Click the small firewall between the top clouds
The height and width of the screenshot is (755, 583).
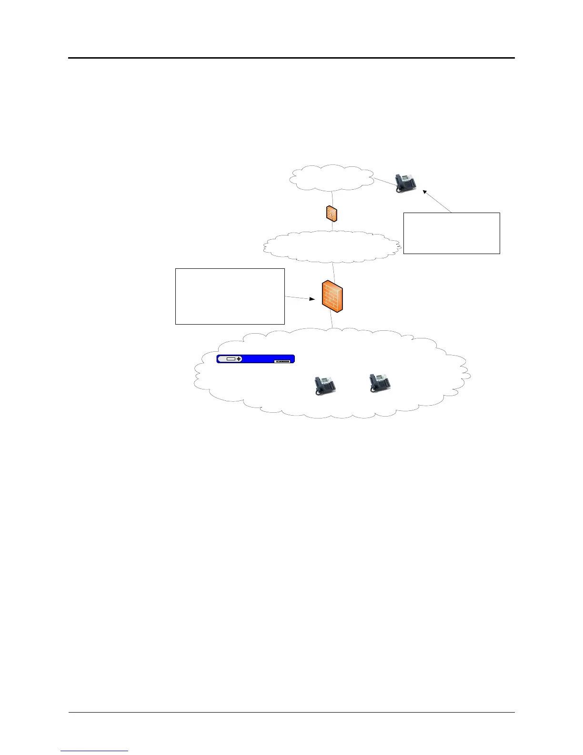point(332,213)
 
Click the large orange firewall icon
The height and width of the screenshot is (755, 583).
point(332,296)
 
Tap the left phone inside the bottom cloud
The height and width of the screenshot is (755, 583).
point(325,386)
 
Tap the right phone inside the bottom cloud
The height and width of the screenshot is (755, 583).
point(380,383)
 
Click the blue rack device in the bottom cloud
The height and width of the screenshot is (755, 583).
point(256,359)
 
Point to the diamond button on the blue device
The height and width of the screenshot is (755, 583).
point(239,359)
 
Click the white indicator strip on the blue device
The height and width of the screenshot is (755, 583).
point(282,362)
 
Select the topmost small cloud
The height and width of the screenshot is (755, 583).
point(332,178)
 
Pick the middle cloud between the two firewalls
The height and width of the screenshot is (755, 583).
point(332,246)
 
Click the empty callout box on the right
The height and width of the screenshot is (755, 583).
point(452,233)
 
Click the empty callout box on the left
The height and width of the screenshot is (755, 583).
point(230,296)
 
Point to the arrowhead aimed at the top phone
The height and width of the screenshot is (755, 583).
point(425,192)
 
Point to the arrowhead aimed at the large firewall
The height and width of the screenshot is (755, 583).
point(312,299)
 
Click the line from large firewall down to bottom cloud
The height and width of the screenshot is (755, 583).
point(332,320)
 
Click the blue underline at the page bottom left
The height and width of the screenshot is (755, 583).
point(94,751)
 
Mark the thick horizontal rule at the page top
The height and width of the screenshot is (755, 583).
point(291,58)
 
